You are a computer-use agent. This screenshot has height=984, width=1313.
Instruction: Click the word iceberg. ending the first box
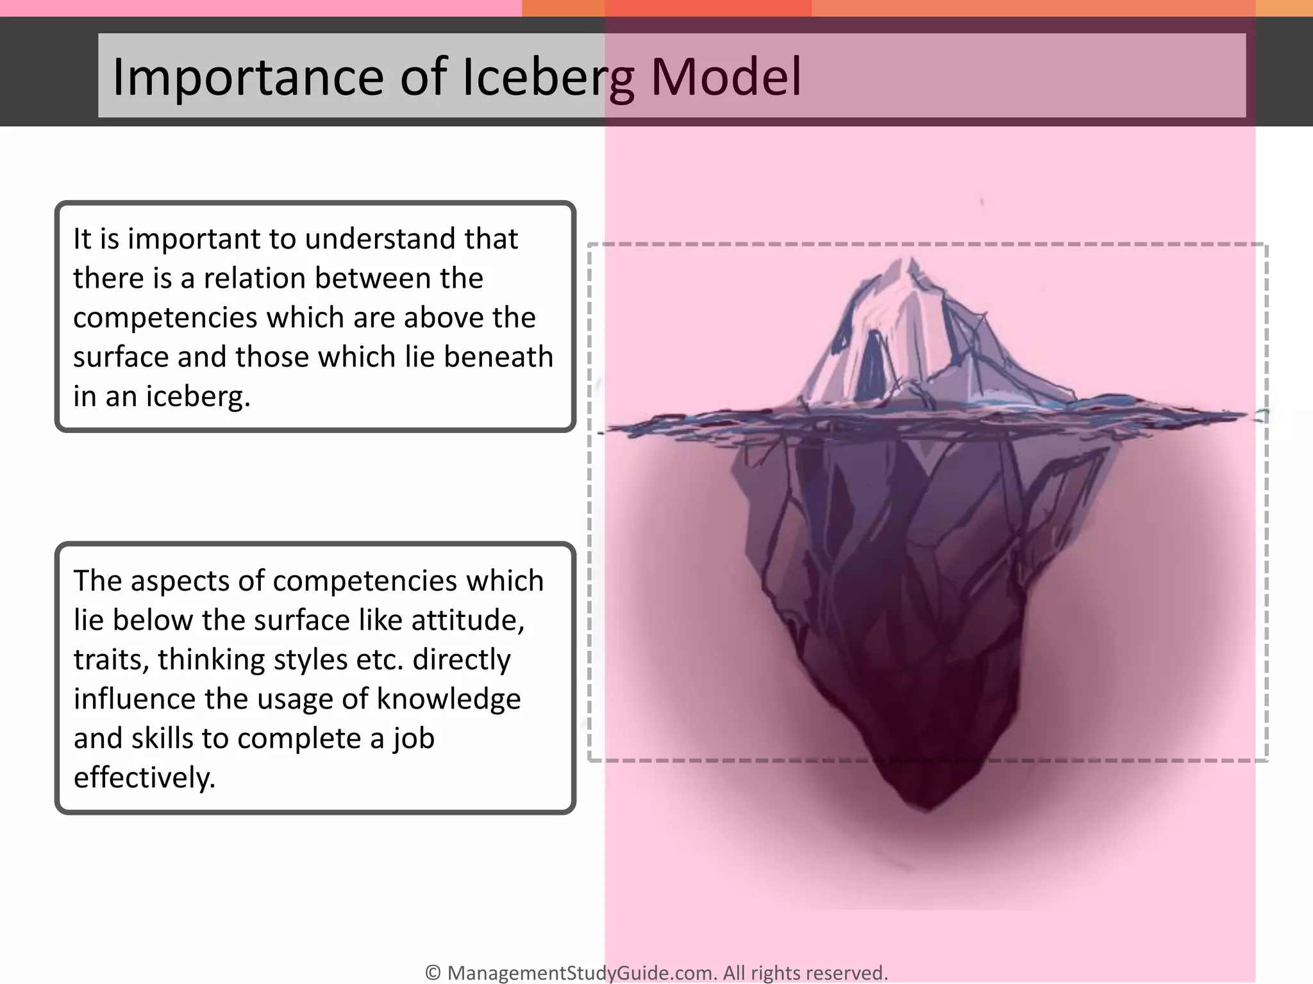[197, 397]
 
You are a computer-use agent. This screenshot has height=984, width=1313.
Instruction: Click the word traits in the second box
[110, 660]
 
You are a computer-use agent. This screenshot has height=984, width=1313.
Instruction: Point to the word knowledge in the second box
[448, 700]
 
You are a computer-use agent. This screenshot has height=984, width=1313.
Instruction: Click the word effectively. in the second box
[144, 778]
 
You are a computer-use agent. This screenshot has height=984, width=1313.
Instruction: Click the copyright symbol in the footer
[433, 972]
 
